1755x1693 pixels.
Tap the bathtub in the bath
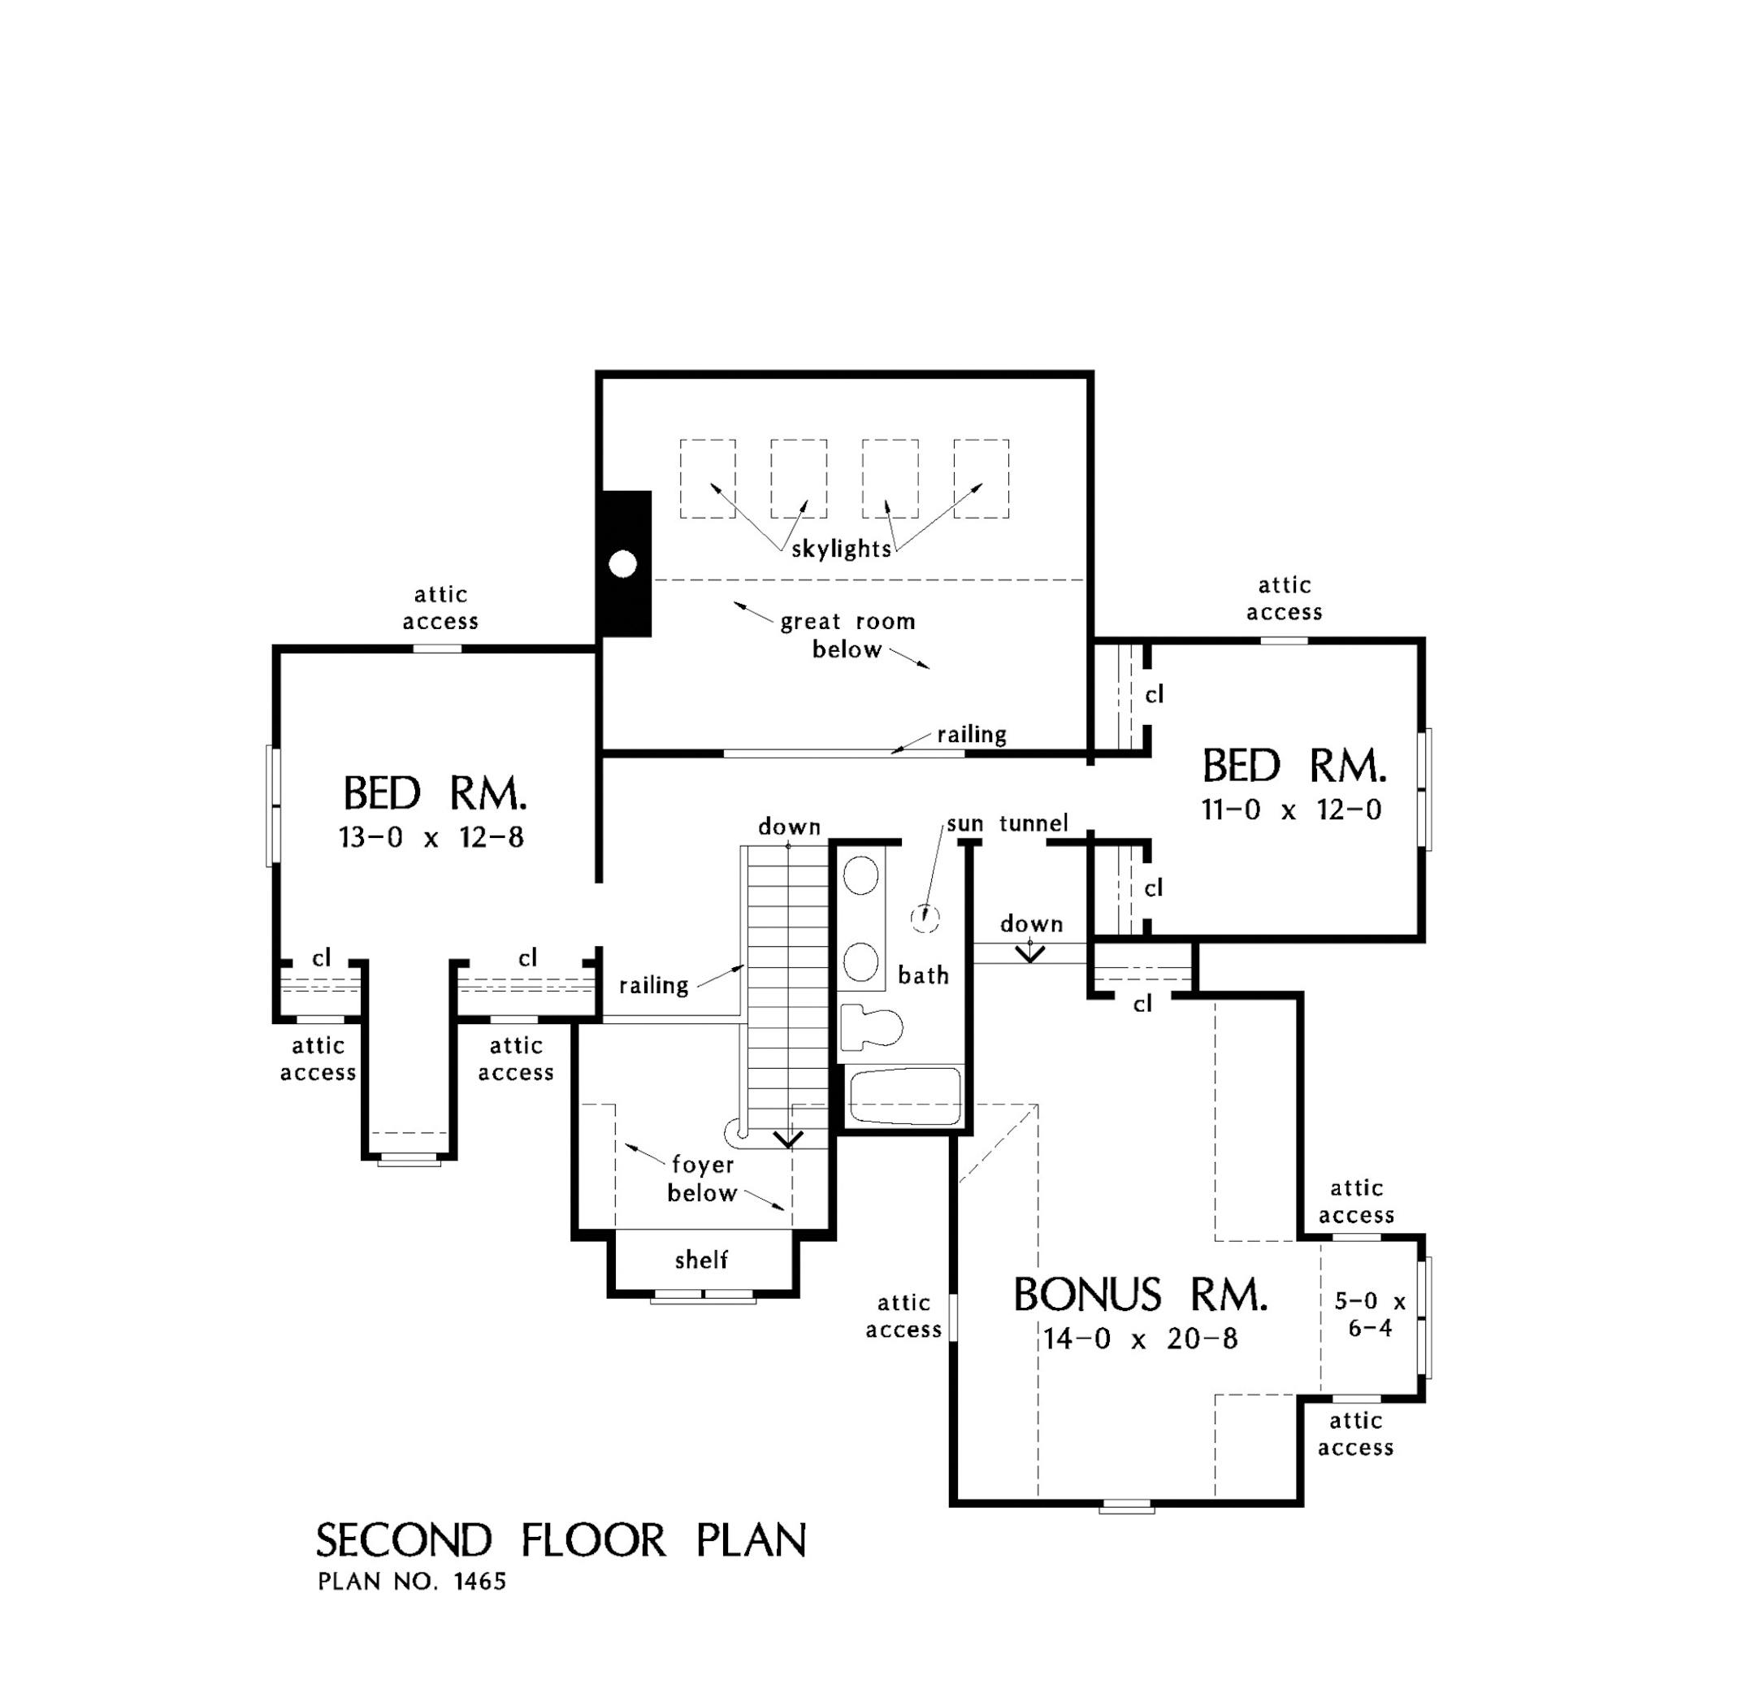pos(904,1096)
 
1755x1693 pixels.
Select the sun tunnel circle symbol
pos(924,918)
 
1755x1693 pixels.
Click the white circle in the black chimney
pos(622,564)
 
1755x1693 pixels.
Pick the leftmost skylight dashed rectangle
pos(708,479)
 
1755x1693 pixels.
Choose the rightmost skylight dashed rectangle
pos(981,479)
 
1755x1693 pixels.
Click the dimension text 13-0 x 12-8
pos(431,837)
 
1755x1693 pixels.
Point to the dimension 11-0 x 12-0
pos(1291,810)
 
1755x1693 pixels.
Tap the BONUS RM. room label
pos(1140,1296)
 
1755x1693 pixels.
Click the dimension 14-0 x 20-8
pos(1140,1339)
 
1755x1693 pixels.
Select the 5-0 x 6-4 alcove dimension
pos(1370,1314)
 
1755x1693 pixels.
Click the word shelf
pos(701,1261)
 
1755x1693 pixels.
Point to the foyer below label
pos(702,1179)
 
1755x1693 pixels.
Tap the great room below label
pos(847,635)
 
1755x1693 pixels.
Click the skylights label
pos(841,549)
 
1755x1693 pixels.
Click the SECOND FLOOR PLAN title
pos(561,1541)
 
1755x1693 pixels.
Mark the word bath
pos(923,975)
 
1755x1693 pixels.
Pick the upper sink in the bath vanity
pos(860,875)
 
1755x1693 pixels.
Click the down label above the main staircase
pos(789,826)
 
